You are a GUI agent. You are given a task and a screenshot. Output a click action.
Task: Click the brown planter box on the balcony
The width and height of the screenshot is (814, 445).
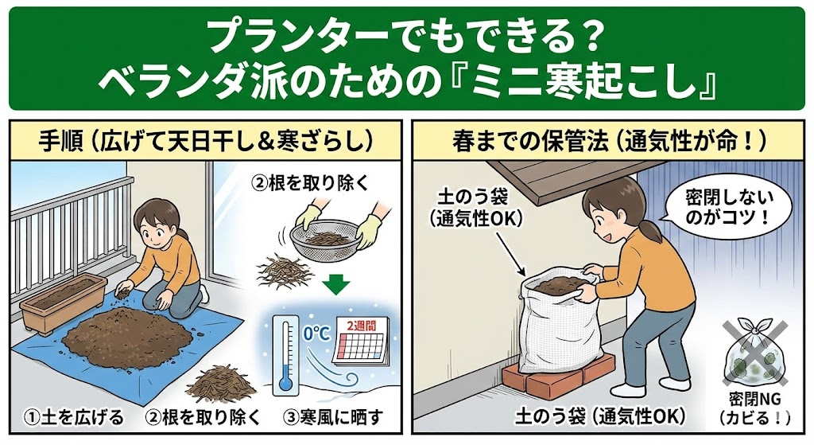point(61,303)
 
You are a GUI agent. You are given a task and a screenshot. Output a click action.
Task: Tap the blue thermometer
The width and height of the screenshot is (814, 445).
point(286,354)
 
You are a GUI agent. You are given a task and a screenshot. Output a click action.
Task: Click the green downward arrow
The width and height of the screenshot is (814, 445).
point(335,284)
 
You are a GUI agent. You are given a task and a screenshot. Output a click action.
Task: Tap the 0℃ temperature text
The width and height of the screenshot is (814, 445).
point(316,334)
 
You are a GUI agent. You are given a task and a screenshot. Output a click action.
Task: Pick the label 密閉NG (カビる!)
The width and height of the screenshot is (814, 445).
point(755,408)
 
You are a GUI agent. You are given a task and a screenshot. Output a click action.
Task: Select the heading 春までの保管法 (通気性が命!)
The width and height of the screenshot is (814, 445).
point(609,141)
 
